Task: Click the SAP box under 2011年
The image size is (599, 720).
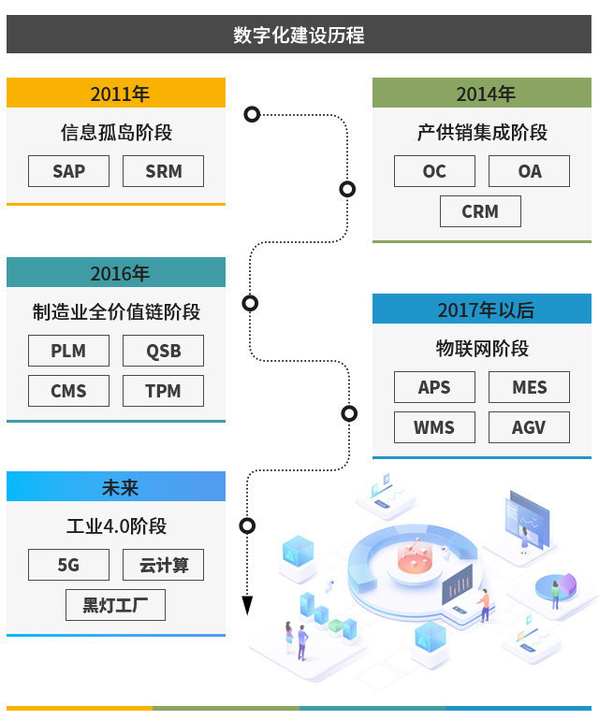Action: click(68, 171)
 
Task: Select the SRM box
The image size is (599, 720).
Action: click(163, 171)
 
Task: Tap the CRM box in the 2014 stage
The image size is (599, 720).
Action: click(480, 211)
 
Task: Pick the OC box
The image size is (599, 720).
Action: click(434, 171)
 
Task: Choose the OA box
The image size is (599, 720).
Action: click(529, 171)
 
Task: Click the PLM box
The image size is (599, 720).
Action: click(68, 351)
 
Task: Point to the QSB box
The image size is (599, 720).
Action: click(163, 351)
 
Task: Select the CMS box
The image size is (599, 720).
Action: click(68, 391)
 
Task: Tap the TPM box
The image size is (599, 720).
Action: click(163, 391)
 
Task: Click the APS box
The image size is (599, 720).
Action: click(434, 387)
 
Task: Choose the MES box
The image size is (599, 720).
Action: click(529, 387)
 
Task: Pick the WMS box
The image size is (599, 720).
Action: click(434, 427)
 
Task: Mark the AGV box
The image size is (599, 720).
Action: click(529, 427)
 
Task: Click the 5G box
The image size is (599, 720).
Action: click(68, 565)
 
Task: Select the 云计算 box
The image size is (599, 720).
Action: click(163, 565)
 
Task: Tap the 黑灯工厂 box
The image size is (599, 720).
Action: click(115, 605)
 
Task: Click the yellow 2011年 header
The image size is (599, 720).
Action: click(116, 94)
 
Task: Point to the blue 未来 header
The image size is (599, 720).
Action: click(116, 487)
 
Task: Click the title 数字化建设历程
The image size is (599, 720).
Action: click(299, 36)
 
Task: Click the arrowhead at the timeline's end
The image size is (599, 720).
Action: click(247, 605)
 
